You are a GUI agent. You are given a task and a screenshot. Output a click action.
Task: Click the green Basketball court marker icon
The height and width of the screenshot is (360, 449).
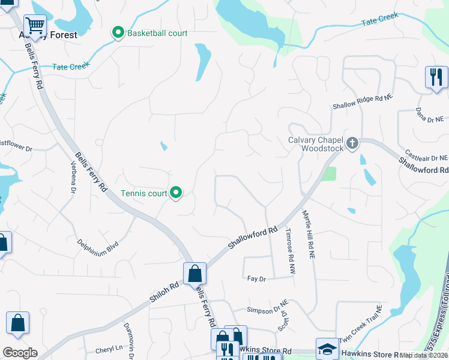(x=118, y=33)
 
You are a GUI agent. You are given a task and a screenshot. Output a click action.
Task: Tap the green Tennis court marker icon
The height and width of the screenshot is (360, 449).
(x=176, y=193)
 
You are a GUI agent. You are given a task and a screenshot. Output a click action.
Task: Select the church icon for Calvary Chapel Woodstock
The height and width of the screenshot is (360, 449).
(x=352, y=143)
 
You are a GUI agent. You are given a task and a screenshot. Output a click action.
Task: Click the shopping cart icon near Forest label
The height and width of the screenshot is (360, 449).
(x=35, y=25)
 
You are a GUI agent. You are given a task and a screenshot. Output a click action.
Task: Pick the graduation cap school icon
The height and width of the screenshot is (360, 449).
(x=327, y=349)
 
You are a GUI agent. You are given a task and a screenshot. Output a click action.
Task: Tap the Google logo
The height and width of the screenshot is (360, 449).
(x=20, y=353)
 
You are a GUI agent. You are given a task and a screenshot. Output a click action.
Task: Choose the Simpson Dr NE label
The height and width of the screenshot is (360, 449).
(x=268, y=310)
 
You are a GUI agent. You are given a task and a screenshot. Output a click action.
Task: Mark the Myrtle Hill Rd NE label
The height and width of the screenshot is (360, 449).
(x=309, y=235)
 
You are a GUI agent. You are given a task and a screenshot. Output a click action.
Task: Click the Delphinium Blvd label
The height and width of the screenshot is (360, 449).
(x=98, y=244)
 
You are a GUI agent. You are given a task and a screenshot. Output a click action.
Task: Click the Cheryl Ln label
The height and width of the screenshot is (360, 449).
(x=109, y=350)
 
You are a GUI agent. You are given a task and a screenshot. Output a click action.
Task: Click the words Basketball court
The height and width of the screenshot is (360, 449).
(x=157, y=33)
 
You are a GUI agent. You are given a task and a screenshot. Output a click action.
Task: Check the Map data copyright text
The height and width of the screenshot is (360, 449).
(x=424, y=355)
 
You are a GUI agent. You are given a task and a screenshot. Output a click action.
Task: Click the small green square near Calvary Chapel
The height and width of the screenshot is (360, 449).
(x=328, y=174)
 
